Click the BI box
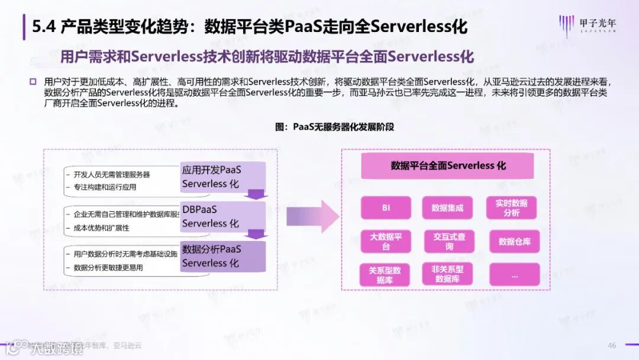point(386,208)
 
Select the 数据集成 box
point(447,208)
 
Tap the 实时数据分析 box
point(511,208)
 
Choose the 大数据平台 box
point(386,241)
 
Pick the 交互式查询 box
point(449,241)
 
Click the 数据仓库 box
point(514,241)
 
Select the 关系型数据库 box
point(385,275)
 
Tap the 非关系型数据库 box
point(447,274)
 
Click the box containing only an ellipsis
point(514,275)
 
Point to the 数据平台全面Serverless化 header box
point(448,166)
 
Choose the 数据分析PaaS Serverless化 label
point(211,256)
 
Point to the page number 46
point(612,345)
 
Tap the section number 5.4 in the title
point(43,27)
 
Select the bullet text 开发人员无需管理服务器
point(111,175)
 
